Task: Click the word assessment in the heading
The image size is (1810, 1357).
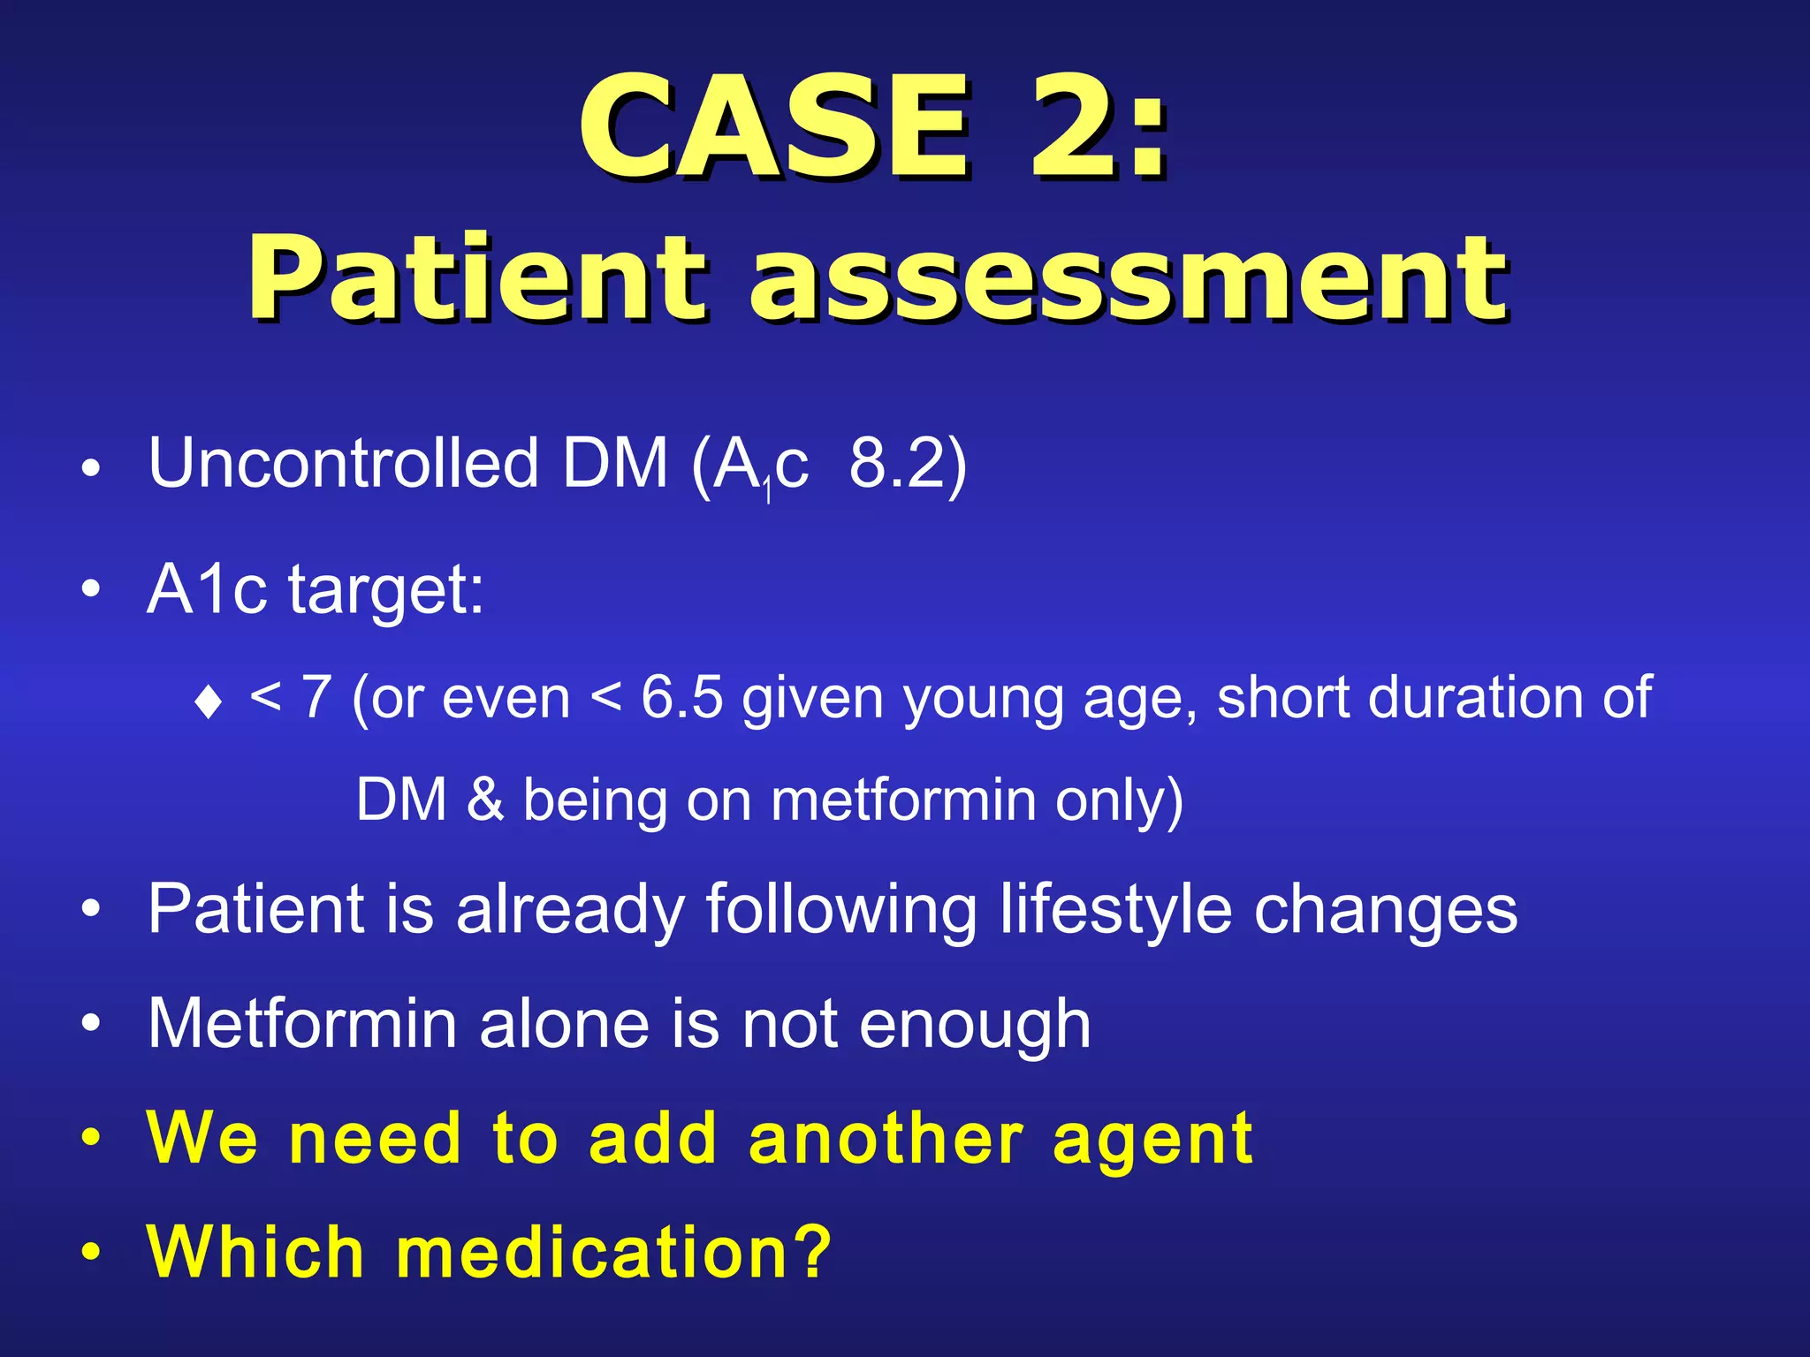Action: point(1129,281)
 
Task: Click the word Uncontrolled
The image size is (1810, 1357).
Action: point(343,462)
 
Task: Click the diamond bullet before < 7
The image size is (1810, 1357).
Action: point(209,702)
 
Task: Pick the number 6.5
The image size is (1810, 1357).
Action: point(681,698)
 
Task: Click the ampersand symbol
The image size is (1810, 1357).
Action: point(484,800)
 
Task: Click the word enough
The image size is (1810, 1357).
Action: point(975,1025)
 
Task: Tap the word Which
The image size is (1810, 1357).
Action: point(255,1252)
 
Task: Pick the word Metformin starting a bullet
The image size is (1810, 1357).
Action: point(302,1025)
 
